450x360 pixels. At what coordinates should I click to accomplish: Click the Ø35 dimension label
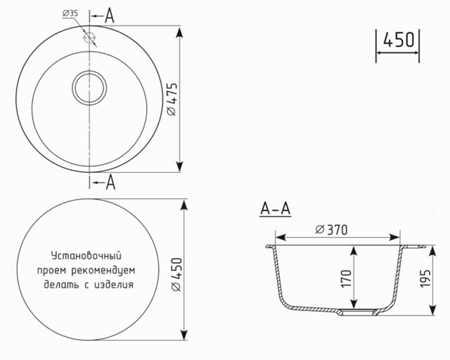[70, 13]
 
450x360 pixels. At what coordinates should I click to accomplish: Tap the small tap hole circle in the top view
[89, 37]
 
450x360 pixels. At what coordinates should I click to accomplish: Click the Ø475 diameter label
[172, 99]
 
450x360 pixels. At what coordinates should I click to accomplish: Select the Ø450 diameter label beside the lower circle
[176, 274]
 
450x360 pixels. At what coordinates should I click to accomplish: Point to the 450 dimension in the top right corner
[399, 40]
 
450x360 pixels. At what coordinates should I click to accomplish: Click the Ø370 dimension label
[331, 229]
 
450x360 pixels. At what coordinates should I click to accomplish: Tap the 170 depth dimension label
[346, 278]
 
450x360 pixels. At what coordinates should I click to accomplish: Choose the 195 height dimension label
[425, 278]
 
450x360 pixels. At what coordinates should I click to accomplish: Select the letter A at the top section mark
[109, 16]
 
